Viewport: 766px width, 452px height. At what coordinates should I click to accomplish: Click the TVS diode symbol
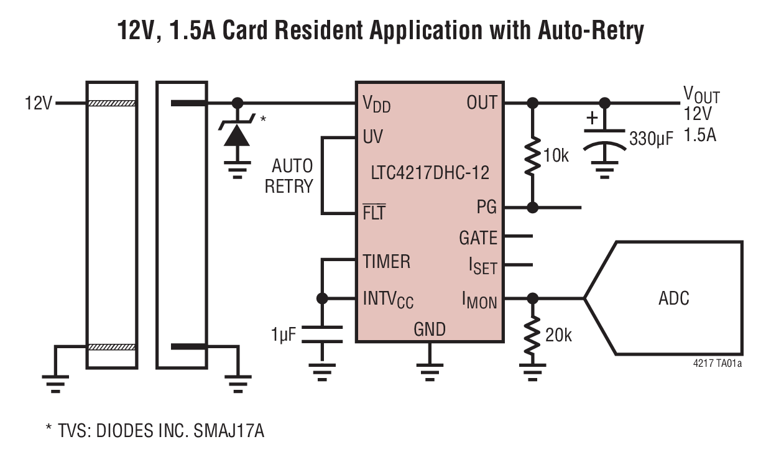pos(237,132)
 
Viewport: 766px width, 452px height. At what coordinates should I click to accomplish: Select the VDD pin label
pos(377,104)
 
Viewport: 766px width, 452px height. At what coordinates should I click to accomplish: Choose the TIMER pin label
pos(386,262)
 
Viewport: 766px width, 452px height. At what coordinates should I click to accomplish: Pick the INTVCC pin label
pos(388,300)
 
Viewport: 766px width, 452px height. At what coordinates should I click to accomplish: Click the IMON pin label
pos(479,301)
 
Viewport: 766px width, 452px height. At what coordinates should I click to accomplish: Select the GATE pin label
pos(478,238)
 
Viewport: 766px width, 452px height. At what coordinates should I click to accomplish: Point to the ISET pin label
pos(482,267)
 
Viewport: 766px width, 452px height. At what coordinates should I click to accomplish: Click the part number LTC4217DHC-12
pos(428,172)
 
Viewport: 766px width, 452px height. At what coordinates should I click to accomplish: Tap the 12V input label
pos(39,103)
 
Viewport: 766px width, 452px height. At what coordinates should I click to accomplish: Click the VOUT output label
pos(701,95)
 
